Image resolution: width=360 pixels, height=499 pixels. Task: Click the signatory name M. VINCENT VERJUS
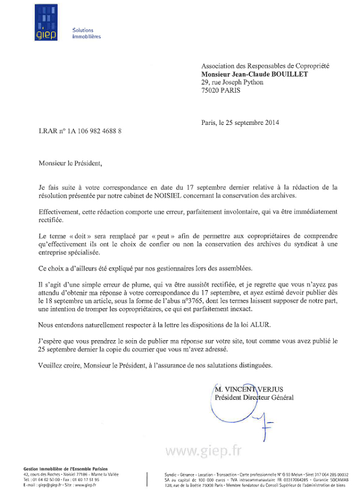pos(253,390)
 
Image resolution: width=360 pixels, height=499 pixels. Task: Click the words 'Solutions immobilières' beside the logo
pos(86,33)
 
